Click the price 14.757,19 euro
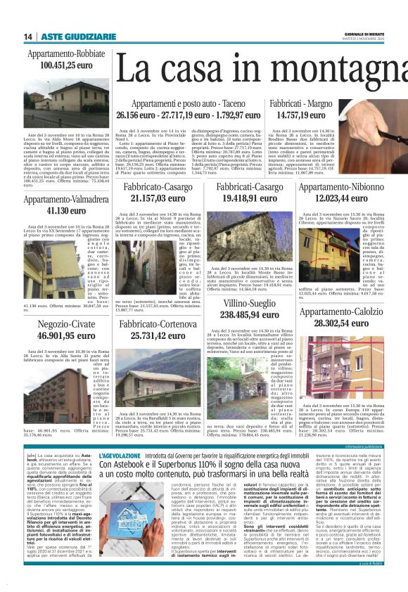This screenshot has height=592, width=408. click(x=301, y=115)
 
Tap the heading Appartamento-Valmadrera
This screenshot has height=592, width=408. click(x=66, y=200)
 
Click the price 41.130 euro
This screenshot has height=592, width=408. click(x=66, y=210)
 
